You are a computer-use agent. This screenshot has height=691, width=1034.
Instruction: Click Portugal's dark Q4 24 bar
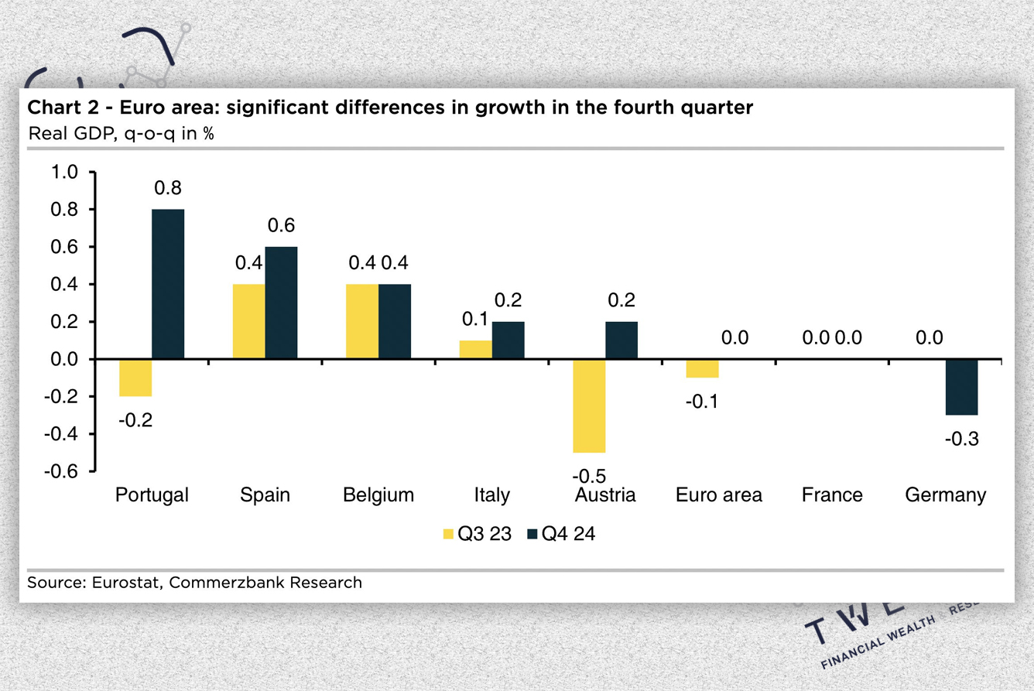click(x=168, y=284)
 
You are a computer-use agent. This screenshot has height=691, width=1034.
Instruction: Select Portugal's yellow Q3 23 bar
click(x=135, y=378)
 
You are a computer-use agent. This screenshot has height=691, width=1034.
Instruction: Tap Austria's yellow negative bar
click(x=589, y=405)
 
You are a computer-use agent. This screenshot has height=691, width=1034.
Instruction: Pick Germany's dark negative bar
click(x=961, y=387)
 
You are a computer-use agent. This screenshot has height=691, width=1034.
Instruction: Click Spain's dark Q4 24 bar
click(x=281, y=303)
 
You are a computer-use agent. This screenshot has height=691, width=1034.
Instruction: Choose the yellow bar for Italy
click(x=476, y=350)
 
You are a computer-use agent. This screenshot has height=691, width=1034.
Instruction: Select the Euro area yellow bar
click(x=702, y=368)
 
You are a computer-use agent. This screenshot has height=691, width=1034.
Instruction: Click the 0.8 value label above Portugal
click(x=168, y=188)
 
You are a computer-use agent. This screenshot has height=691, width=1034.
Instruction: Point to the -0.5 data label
click(x=589, y=475)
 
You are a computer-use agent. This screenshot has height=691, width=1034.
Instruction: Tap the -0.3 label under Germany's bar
click(x=961, y=439)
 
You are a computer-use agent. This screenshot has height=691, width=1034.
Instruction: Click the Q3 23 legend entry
click(x=477, y=534)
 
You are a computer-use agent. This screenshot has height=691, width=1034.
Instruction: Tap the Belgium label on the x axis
click(x=378, y=494)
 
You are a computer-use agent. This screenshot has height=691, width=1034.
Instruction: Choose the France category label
click(x=832, y=494)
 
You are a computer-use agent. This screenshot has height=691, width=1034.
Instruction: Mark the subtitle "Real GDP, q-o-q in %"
click(x=121, y=132)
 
